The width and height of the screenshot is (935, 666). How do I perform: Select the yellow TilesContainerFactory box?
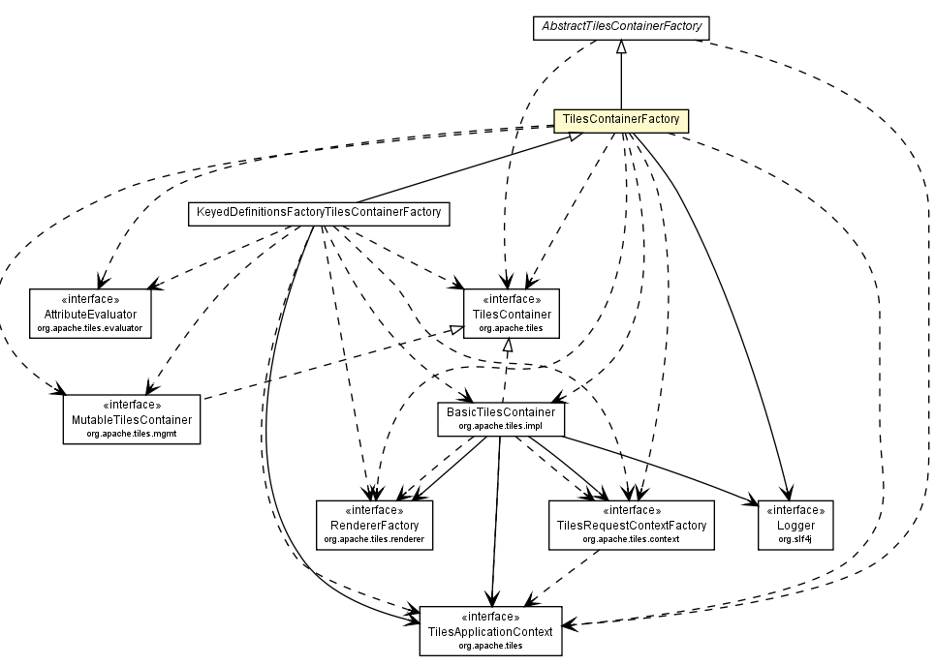pos(620,121)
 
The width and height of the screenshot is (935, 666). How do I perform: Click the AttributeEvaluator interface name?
pos(90,316)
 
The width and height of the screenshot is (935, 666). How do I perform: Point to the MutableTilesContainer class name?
pos(131,420)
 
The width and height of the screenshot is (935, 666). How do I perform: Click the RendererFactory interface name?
pos(373,525)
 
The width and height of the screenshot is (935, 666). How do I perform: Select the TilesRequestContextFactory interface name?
pos(631,525)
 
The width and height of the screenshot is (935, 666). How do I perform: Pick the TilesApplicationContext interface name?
pos(490,631)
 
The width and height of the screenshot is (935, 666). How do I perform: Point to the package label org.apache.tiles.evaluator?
pos(90,329)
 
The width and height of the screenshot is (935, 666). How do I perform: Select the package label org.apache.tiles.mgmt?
pos(131,434)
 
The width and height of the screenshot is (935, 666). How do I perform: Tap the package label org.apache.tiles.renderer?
pos(373,538)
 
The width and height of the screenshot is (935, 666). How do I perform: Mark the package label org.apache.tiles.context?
pos(631,538)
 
